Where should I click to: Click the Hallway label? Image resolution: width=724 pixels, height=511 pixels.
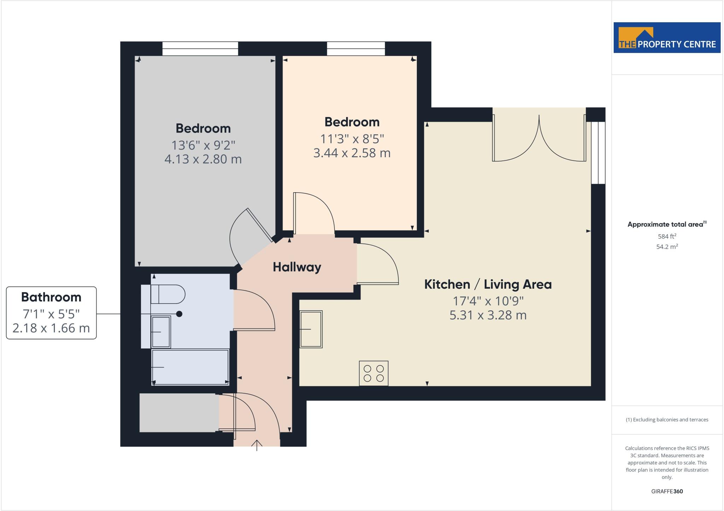tap(297, 267)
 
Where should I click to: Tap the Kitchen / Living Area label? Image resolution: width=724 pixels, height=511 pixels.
tap(487, 284)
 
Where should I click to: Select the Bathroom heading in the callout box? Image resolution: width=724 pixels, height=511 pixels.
tap(51, 297)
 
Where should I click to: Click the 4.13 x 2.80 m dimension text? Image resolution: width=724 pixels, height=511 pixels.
tap(203, 159)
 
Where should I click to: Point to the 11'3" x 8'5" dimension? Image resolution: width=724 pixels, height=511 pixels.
tap(352, 139)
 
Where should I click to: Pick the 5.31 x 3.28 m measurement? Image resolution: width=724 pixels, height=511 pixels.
tap(488, 315)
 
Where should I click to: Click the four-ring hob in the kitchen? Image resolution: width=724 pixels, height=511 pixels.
tap(374, 373)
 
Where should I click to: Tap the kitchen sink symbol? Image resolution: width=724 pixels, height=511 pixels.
tap(311, 329)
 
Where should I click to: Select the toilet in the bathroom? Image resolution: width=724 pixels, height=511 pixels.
tap(168, 294)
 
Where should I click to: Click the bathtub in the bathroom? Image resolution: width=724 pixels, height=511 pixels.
tap(190, 367)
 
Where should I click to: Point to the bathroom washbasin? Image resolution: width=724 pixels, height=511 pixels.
tap(161, 331)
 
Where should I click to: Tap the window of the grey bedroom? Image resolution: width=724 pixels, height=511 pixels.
tap(200, 48)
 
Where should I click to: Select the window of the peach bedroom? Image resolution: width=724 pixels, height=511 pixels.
tap(356, 48)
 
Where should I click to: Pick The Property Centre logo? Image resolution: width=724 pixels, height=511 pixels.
tap(667, 38)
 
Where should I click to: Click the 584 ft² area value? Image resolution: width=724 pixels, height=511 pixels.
tap(667, 236)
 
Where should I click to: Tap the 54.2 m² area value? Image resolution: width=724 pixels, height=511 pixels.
tap(667, 247)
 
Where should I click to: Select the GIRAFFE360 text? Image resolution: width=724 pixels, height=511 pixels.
tap(667, 491)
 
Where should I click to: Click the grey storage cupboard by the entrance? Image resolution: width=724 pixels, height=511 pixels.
tap(179, 412)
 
